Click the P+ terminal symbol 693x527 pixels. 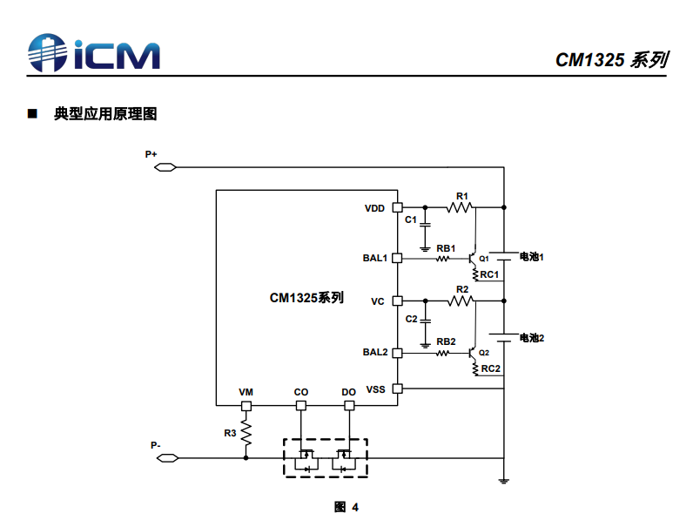point(165,167)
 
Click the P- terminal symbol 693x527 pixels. point(167,458)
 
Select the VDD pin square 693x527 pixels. point(398,207)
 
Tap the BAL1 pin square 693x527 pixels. point(397,258)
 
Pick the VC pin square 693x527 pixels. point(398,301)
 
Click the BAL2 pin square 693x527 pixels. point(397,353)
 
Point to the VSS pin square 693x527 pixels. point(398,388)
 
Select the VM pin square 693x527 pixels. point(246,406)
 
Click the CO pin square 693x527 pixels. point(301,406)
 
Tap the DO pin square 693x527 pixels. point(349,406)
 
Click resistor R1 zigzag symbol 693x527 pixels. point(460,207)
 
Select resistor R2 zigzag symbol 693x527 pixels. point(461,301)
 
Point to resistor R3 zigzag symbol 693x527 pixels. point(246,433)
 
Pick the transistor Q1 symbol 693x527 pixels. point(472,259)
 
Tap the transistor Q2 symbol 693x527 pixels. point(472,354)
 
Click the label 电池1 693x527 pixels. point(531,257)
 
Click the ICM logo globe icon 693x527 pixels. point(47,52)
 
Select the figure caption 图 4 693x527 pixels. point(346,507)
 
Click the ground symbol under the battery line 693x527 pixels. point(503,481)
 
